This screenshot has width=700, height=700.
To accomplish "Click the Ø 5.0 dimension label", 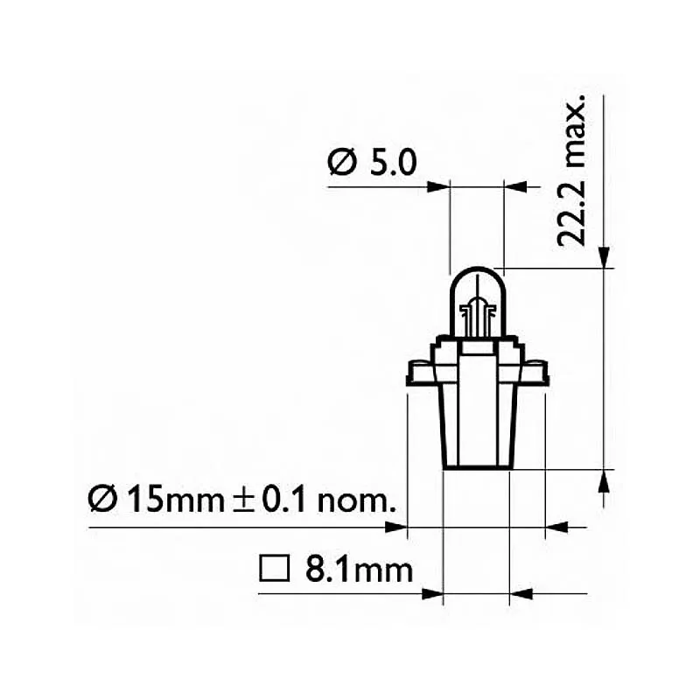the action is coord(372,163).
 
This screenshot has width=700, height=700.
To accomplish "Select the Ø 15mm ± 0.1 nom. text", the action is coord(242,499).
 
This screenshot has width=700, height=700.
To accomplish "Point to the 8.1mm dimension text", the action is coord(360,570).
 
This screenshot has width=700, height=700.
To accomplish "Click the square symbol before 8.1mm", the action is coord(274,569).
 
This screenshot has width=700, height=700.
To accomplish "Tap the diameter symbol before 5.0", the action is coord(342,163).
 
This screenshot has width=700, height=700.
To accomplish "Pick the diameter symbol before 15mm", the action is coord(102,499).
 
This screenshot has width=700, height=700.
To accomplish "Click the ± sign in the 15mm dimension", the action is coord(244,500).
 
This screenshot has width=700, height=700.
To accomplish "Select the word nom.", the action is coord(356,502).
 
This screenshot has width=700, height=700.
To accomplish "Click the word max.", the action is coord(573,130).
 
